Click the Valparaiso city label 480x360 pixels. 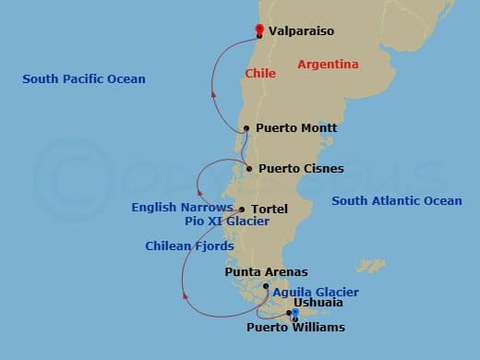click(302, 31)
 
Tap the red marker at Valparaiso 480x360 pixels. click(259, 29)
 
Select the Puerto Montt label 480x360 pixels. click(296, 128)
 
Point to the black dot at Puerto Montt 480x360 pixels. click(246, 128)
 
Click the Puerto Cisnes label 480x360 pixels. click(301, 169)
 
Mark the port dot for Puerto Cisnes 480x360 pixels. click(250, 168)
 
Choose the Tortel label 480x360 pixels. click(270, 210)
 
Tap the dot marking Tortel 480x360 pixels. click(242, 210)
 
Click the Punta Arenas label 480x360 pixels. click(266, 272)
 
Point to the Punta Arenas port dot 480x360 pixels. click(266, 286)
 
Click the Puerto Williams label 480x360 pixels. click(295, 328)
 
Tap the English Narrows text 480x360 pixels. click(182, 208)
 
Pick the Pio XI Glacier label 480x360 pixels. click(227, 222)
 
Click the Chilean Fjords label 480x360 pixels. click(189, 246)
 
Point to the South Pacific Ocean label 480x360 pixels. click(84, 79)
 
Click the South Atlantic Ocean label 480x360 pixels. click(397, 201)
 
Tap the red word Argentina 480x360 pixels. click(328, 65)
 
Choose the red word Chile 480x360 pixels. click(260, 73)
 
